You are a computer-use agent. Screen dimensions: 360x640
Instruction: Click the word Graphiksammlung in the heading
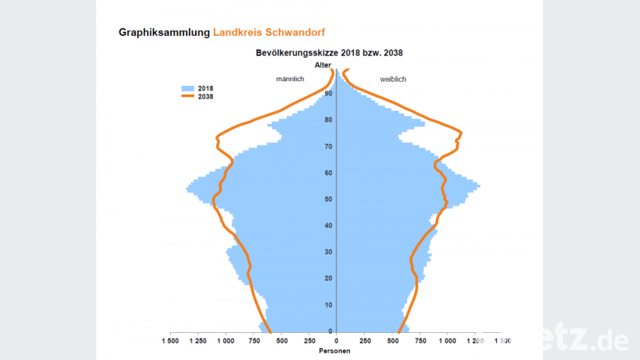click(x=164, y=33)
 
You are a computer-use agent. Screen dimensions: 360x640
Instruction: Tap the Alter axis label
click(x=323, y=64)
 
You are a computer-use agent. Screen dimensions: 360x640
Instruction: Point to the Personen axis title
click(x=334, y=350)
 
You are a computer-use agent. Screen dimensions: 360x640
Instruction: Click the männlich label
click(x=290, y=79)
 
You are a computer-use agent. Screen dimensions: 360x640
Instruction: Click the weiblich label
click(x=393, y=79)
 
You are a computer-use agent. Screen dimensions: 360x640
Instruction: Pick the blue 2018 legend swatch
click(x=188, y=87)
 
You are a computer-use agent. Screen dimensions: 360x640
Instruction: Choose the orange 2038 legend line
click(x=188, y=96)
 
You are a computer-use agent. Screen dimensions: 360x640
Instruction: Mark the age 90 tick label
click(x=328, y=94)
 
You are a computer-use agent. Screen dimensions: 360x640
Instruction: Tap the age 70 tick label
click(x=328, y=147)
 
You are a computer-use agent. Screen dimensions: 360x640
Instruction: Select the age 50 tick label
click(x=328, y=199)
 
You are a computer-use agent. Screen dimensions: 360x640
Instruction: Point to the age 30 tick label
click(x=328, y=252)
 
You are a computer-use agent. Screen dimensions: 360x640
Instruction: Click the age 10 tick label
click(x=328, y=305)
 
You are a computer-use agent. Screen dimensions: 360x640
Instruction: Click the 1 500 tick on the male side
click(x=170, y=341)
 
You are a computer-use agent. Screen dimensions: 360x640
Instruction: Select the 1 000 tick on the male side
click(x=226, y=341)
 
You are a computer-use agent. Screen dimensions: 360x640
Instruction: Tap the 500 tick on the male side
click(x=281, y=341)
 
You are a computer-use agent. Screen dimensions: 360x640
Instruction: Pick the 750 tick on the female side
click(x=421, y=341)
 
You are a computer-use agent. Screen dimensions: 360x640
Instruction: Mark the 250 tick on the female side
click(x=365, y=341)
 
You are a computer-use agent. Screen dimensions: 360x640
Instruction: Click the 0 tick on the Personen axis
click(x=337, y=341)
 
